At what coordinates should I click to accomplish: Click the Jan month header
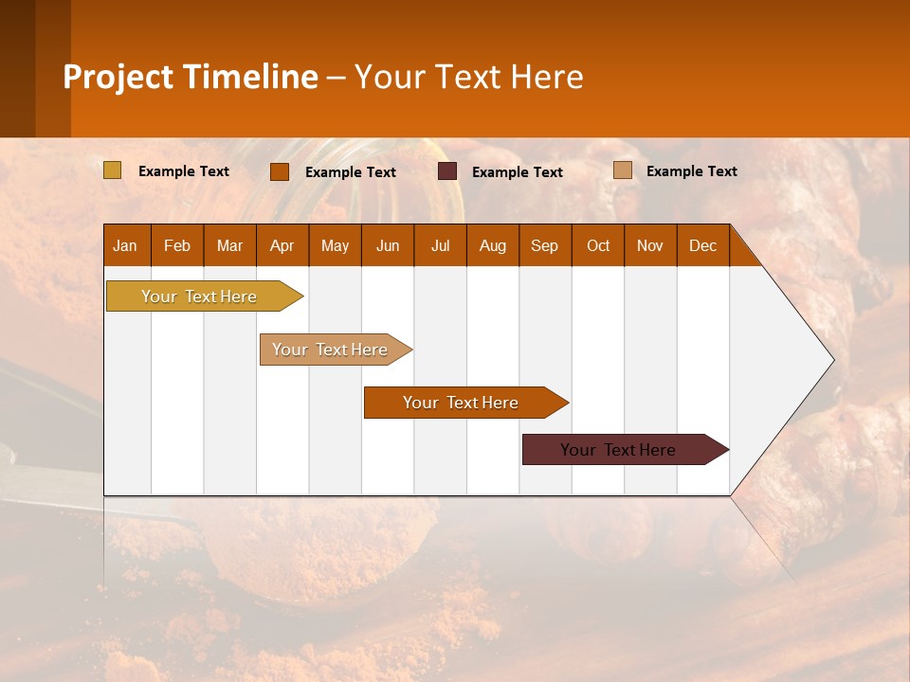[126, 245]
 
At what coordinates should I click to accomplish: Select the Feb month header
[177, 245]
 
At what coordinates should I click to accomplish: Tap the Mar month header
[229, 245]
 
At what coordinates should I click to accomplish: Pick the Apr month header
[282, 245]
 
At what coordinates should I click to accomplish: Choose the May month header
[335, 245]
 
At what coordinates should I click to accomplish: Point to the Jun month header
[388, 245]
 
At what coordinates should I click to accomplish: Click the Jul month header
[440, 245]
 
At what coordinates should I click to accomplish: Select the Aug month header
[493, 245]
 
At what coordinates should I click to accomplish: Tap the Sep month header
[545, 245]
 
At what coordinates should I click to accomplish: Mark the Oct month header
[598, 245]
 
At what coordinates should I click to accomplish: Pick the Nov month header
[650, 245]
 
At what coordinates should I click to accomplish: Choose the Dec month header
[703, 245]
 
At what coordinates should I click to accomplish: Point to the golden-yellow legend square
[113, 170]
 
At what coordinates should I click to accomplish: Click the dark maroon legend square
[447, 171]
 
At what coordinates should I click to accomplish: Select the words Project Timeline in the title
[191, 77]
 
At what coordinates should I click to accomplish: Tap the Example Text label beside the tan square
[691, 171]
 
